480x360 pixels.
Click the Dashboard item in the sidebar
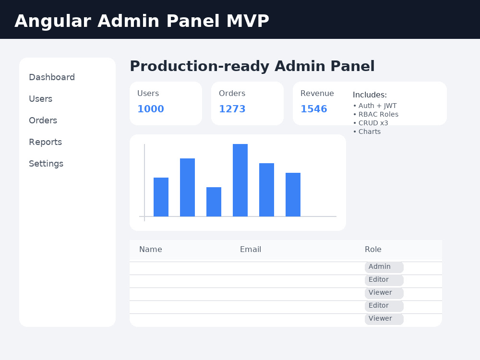(x=52, y=77)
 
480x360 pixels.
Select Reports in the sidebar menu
(x=45, y=142)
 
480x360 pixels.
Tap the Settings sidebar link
(x=46, y=164)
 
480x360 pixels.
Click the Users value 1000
(x=151, y=109)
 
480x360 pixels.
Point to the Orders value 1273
(x=232, y=109)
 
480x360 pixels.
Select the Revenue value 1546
(x=314, y=109)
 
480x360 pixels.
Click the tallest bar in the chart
(x=240, y=180)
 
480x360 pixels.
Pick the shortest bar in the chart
(x=214, y=202)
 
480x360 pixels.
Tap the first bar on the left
(x=161, y=197)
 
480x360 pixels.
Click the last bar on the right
(x=293, y=195)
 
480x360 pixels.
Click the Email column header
(x=251, y=250)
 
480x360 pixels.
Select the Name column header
(x=151, y=250)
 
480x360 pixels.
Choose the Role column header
(x=373, y=250)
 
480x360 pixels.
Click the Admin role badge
(x=384, y=267)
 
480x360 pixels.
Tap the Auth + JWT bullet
(x=375, y=106)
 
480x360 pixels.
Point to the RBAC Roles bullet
(x=376, y=114)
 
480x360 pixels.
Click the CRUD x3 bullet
(x=371, y=123)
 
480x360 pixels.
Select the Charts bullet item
(x=367, y=132)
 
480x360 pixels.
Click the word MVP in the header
(x=248, y=21)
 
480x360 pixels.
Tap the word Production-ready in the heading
(x=200, y=66)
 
